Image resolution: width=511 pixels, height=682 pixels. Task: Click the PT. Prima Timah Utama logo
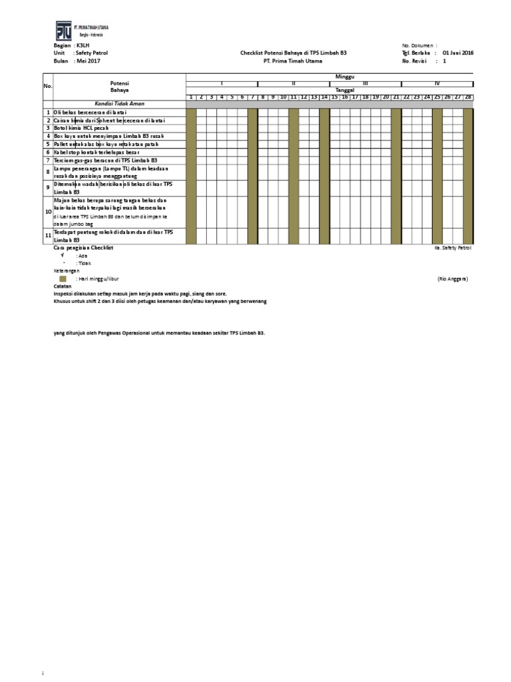64,31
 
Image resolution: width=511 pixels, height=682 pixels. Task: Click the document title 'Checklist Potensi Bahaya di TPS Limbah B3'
293,52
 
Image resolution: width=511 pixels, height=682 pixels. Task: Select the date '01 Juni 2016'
458,52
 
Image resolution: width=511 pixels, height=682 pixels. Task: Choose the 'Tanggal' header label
345,90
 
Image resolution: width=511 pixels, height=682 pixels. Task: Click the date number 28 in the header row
468,97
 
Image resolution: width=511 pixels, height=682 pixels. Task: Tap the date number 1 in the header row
191,97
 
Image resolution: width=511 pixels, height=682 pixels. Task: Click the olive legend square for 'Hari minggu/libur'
63,279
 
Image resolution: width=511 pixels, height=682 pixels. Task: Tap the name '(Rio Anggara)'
452,279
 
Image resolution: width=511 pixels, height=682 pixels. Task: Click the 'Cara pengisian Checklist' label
84,248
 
